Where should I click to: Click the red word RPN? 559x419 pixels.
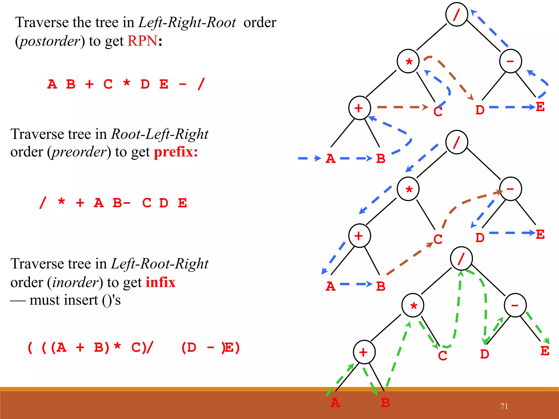(142, 41)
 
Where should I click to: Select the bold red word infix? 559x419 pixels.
(160, 282)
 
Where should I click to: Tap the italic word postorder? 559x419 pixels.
(50, 41)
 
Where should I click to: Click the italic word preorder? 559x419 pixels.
(79, 152)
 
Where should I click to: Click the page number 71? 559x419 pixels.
(504, 406)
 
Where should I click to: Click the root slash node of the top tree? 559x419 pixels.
(457, 14)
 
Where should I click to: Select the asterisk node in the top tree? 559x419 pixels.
(408, 61)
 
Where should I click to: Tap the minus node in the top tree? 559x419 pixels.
(510, 61)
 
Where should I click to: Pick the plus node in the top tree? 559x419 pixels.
(359, 108)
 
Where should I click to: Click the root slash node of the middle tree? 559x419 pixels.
(457, 142)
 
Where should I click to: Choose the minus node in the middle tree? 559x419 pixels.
(510, 189)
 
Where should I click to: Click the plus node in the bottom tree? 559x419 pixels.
(364, 352)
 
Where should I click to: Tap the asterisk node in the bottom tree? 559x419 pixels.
(413, 305)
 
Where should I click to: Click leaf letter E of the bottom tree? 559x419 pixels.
(545, 351)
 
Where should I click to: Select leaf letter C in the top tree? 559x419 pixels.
(438, 112)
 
